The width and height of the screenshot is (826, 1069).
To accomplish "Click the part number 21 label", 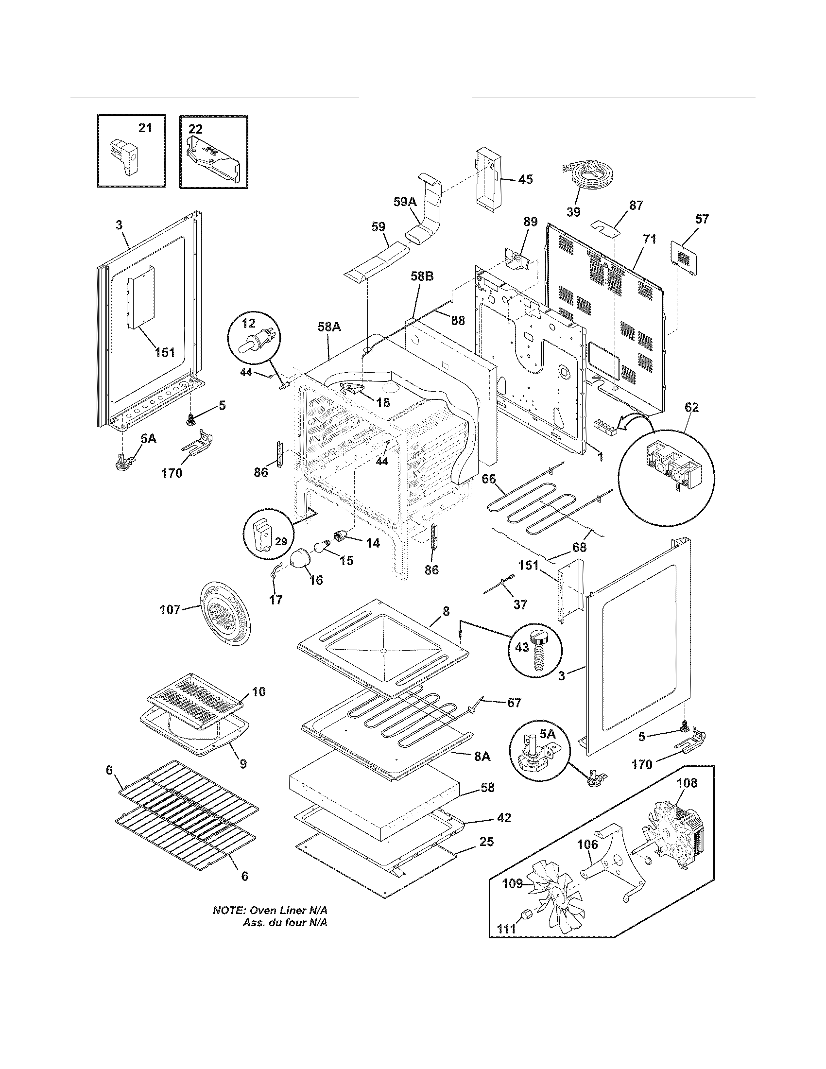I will (145, 128).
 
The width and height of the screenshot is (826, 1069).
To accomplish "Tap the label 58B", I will (421, 276).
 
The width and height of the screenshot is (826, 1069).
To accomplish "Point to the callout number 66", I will (488, 479).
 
